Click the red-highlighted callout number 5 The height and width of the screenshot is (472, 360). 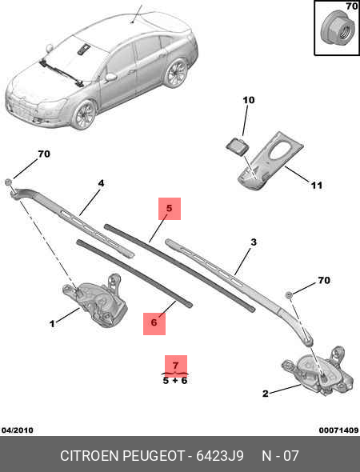(x=169, y=209)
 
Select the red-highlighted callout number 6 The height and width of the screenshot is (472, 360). (x=154, y=322)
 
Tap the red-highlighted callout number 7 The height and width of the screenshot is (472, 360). (x=174, y=366)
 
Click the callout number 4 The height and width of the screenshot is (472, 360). (x=102, y=183)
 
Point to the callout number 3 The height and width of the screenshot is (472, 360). (x=254, y=242)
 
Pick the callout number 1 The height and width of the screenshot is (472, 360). (x=52, y=324)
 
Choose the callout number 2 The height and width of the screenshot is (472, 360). (x=265, y=393)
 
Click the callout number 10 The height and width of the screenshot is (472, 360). (x=248, y=100)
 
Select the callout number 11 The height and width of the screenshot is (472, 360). (x=316, y=186)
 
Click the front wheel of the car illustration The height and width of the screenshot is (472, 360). (x=83, y=114)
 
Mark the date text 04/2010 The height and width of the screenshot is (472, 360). (x=17, y=430)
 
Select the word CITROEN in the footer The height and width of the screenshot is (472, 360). (x=90, y=456)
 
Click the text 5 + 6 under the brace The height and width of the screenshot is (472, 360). (x=174, y=381)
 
